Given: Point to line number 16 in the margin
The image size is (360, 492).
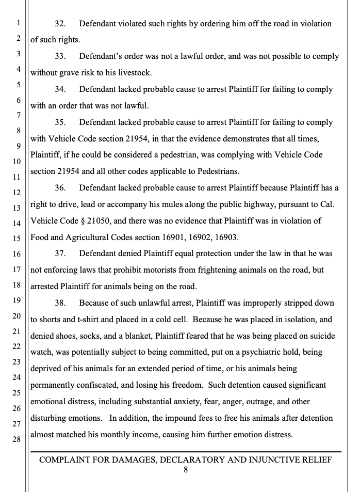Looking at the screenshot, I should (16, 254).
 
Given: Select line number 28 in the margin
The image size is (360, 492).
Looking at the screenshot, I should (16, 439).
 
